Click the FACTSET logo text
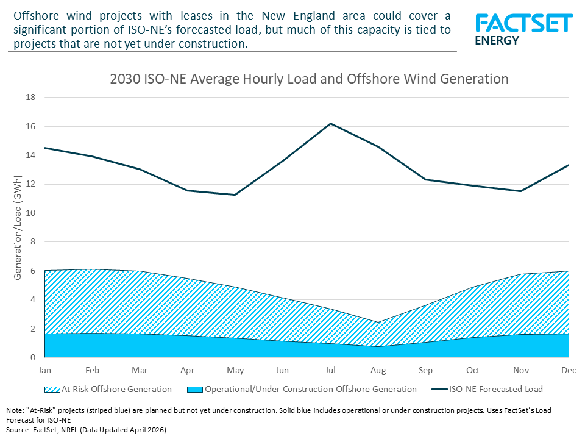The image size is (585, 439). pos(524,24)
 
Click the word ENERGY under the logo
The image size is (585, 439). pos(497,41)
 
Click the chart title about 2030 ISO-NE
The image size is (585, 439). pos(309,79)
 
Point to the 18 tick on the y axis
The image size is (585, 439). pos(32,98)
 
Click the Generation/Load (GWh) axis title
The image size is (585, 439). pos(18,227)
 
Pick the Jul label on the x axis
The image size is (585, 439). pos(330,370)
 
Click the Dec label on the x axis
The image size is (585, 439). pos(569,370)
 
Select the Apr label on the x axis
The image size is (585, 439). pos(187,370)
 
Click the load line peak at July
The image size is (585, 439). pos(330,123)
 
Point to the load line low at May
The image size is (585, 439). pos(235,195)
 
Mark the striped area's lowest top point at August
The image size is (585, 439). pos(378,322)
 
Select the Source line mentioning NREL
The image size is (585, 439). pos(86,429)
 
